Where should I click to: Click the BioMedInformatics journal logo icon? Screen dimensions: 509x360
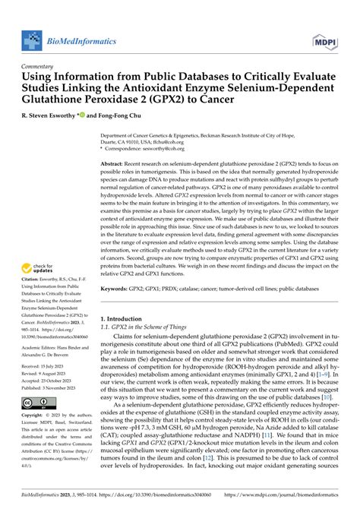(33, 42)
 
